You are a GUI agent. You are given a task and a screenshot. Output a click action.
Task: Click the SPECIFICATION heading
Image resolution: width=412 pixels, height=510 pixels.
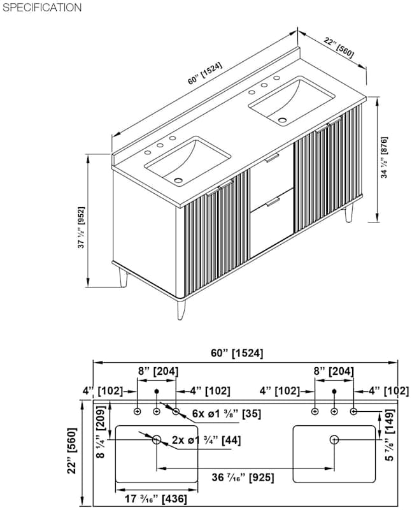click(42, 8)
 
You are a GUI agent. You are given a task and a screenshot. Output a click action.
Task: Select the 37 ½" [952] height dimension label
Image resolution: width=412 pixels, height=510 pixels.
click(82, 227)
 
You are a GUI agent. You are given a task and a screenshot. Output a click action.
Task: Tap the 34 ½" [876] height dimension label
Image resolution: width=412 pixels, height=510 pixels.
click(385, 157)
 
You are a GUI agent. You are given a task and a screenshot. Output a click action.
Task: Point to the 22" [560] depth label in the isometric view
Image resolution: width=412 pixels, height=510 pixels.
click(338, 48)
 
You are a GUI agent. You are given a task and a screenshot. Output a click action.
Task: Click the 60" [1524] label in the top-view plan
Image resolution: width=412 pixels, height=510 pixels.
click(237, 353)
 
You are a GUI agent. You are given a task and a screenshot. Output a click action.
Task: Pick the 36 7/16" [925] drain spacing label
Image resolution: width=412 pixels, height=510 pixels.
click(243, 477)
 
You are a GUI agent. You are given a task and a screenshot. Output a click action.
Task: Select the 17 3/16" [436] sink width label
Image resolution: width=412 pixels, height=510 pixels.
click(156, 499)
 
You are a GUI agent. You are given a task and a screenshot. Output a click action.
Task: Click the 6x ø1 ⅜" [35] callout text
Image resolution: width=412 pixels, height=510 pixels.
click(227, 414)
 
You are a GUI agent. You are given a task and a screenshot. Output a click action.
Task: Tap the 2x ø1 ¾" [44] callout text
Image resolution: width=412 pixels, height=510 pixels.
click(206, 440)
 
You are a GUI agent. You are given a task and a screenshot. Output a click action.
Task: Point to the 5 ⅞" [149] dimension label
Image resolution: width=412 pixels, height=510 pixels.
click(389, 435)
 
